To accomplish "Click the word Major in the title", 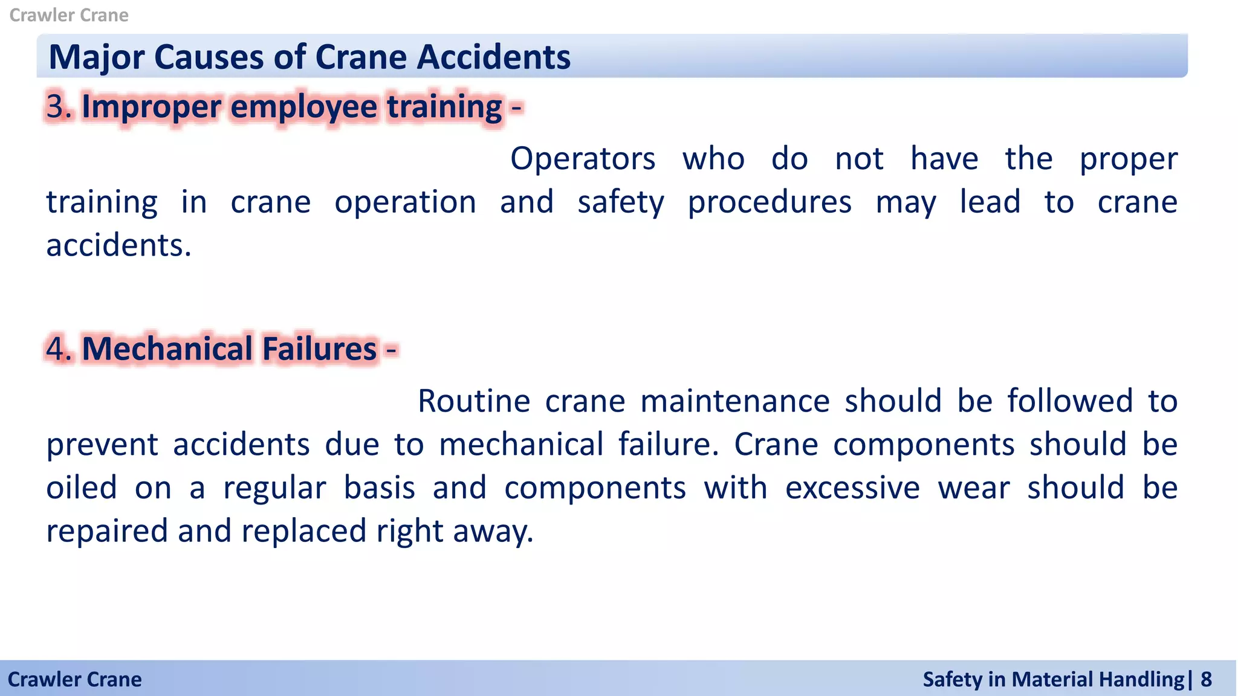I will pos(97,57).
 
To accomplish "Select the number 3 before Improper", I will pos(56,106).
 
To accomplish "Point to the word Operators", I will pos(583,159).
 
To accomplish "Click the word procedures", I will pos(770,202).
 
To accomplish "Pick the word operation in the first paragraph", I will pos(405,202).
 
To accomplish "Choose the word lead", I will pos(990,202).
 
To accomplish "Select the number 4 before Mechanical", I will pos(56,349).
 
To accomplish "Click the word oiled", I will pos(82,488).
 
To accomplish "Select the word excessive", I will pos(852,488).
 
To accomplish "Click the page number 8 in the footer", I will pos(1206,680).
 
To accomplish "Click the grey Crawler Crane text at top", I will pos(69,15).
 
